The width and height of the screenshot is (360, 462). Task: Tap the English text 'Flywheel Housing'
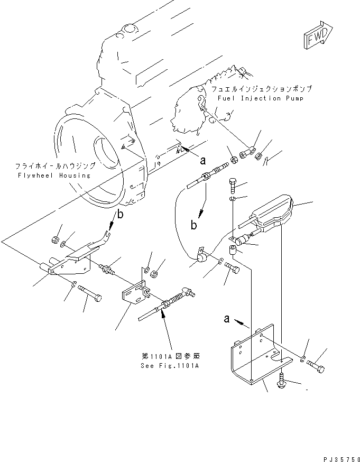(53, 175)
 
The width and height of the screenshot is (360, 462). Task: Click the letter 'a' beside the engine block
(202, 157)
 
